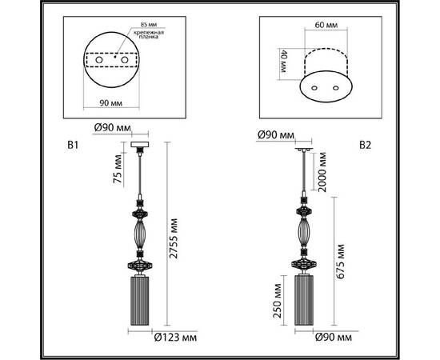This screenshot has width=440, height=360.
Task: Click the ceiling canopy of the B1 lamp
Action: tap(142, 146)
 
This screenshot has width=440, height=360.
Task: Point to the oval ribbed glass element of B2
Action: tap(304, 234)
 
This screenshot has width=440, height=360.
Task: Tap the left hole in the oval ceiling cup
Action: tap(314, 86)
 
